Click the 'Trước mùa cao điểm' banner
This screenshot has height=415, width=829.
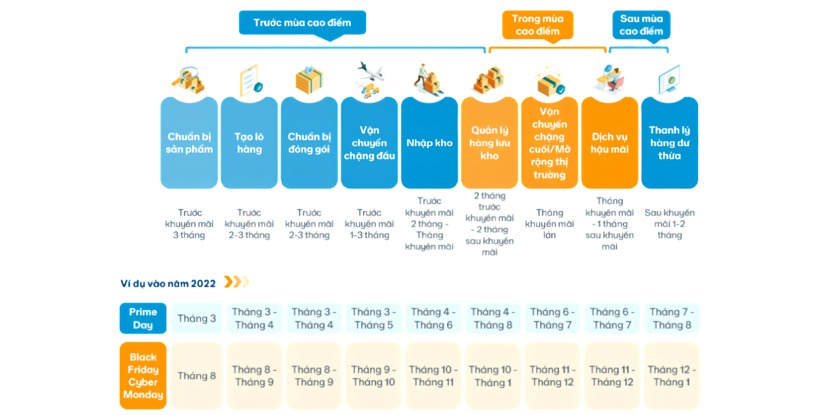[x=302, y=23]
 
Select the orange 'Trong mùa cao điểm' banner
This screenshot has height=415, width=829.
[x=537, y=25]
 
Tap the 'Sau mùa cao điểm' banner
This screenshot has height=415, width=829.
[x=642, y=25]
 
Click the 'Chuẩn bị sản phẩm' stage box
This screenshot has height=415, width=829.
[x=189, y=143]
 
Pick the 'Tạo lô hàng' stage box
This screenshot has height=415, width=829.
[x=249, y=143]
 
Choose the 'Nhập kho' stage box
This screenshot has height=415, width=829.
[x=429, y=143]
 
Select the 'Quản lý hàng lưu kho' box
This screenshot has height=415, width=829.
[x=489, y=143]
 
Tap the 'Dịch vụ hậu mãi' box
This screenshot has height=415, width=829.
[x=609, y=143]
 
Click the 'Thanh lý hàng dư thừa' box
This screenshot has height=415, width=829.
[x=670, y=143]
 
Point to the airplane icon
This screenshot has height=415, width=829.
[x=371, y=72]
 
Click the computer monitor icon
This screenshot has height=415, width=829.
[x=669, y=79]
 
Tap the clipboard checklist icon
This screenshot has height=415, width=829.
[x=251, y=79]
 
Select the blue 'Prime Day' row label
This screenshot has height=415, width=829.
[x=143, y=319]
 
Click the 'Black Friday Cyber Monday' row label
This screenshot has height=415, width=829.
[x=143, y=376]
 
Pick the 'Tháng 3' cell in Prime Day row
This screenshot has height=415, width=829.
[x=197, y=319]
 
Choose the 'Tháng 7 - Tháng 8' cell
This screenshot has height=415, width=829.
[x=672, y=319]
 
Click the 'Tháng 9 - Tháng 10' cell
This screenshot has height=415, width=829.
[x=374, y=376]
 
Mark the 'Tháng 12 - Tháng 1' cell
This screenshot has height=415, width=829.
[x=672, y=376]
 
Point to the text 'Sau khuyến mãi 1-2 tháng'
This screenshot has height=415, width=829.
[x=670, y=224]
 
